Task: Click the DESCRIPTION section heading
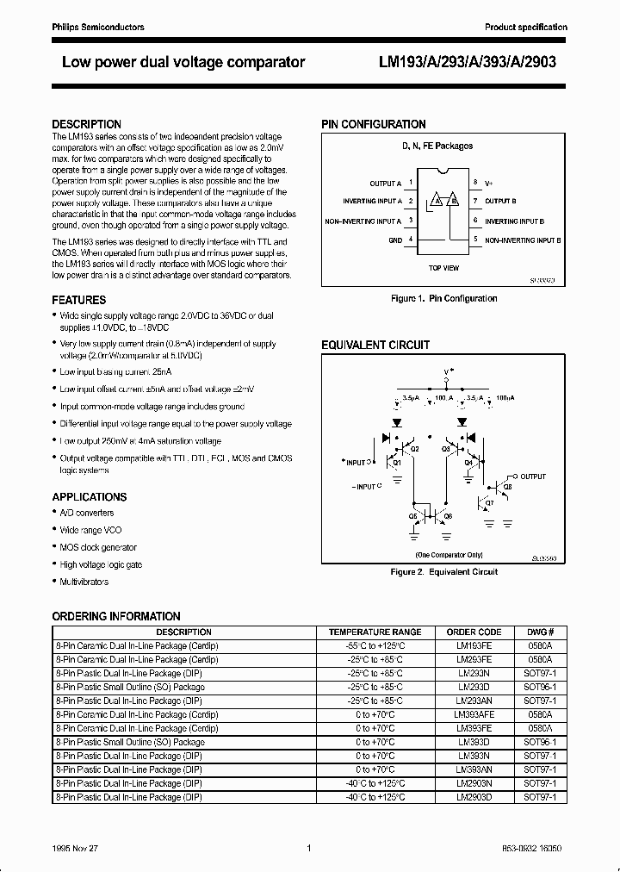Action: [x=87, y=124]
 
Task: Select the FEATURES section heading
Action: [x=79, y=300]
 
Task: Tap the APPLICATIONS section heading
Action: [x=90, y=497]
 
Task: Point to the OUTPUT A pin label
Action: [x=385, y=184]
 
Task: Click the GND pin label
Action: [x=395, y=240]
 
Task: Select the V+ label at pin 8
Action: [x=488, y=184]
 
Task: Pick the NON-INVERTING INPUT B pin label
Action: [x=523, y=240]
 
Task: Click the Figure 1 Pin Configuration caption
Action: [x=443, y=298]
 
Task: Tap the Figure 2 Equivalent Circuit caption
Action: [x=443, y=571]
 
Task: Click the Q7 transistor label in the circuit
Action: [x=490, y=502]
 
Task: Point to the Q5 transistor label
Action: [x=412, y=515]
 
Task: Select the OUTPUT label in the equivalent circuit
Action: [x=533, y=476]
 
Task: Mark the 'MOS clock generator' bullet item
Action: [x=98, y=547]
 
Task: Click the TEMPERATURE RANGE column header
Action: [x=375, y=632]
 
